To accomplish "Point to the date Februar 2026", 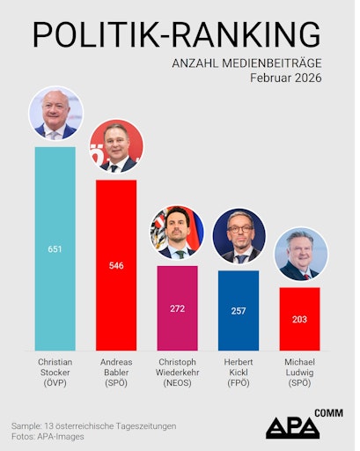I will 285,78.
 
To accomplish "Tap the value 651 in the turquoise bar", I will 55,249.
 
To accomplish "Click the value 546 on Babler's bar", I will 116,265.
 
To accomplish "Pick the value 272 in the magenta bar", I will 177,309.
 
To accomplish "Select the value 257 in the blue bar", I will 239,312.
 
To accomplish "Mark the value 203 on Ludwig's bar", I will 299,320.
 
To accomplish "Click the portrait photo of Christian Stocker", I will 55,114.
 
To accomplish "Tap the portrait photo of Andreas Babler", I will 116,146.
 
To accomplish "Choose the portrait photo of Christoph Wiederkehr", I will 177,233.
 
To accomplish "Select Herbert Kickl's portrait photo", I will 239,237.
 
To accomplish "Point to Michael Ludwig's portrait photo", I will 300,255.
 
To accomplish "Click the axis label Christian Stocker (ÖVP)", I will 55,372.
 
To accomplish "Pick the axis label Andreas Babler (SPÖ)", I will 116,372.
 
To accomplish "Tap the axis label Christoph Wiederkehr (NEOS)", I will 177,372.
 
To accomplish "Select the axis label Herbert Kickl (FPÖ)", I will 239,372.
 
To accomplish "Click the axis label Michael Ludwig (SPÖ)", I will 299,372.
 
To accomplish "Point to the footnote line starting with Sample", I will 94,425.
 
